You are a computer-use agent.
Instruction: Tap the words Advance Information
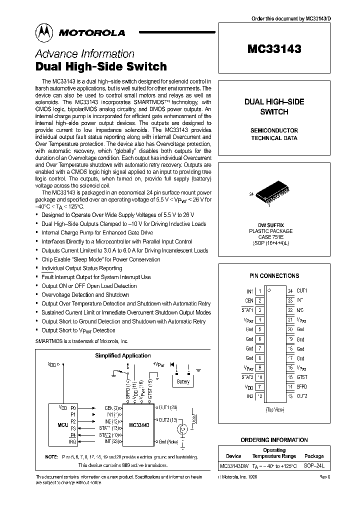pos(84,54)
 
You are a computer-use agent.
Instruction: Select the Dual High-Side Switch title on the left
pos(101,66)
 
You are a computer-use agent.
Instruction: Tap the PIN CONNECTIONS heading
pos(274,275)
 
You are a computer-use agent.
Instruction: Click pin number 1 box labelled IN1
pos(259,291)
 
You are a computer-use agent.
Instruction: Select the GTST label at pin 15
pos(301,377)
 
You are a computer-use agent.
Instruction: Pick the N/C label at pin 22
pos(300,310)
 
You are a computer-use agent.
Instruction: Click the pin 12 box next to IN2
pos(259,396)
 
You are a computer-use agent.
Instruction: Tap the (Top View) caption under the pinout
pos(274,408)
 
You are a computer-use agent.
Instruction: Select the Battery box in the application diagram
pos(183,382)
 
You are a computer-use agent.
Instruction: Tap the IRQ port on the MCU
pos(73,442)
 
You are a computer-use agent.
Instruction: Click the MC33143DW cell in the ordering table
pos(233,466)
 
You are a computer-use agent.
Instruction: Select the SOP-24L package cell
pos(314,466)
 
